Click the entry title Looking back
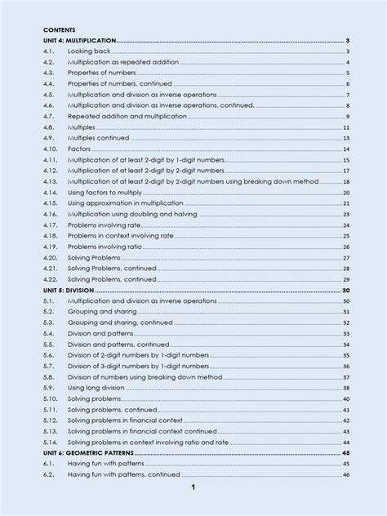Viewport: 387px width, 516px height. pyautogui.click(x=88, y=51)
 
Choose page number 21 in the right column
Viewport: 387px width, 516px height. pyautogui.click(x=346, y=202)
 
